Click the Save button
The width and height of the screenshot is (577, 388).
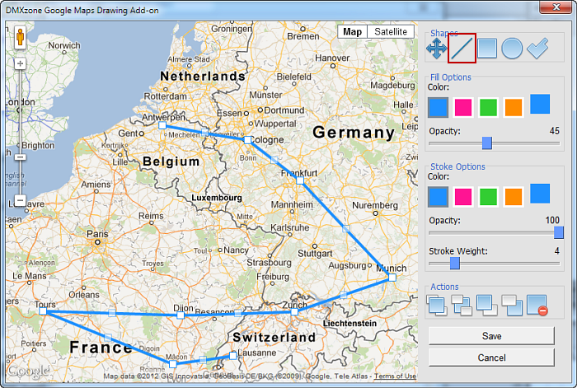491,336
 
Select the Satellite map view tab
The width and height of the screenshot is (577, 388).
390,32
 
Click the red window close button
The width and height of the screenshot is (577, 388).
556,7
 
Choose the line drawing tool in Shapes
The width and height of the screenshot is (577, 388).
462,49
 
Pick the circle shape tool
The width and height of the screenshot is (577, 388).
512,49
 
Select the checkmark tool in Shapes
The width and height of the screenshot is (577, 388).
537,49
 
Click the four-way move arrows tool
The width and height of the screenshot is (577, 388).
437,49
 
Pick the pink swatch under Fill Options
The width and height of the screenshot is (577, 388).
463,107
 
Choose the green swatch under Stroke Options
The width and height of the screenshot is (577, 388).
488,196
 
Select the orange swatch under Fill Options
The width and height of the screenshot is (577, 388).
514,107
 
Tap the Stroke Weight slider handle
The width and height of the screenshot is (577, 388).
454,264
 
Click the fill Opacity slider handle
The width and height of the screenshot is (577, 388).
487,143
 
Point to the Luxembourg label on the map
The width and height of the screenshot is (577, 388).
216,199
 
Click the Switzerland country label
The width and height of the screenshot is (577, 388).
274,338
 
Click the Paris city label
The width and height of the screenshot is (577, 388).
97,234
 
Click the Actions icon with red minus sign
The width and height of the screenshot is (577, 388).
537,305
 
